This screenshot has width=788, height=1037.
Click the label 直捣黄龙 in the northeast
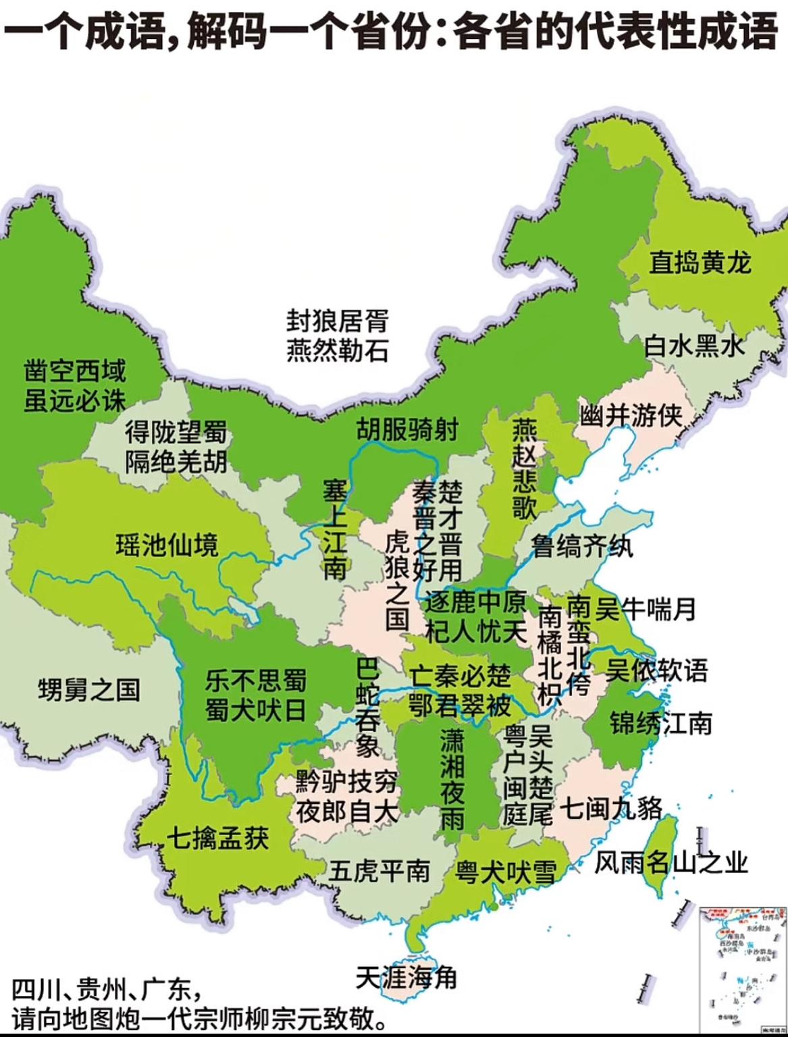tap(700, 262)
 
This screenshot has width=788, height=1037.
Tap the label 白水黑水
tap(694, 346)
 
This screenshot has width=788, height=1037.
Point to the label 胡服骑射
tap(407, 429)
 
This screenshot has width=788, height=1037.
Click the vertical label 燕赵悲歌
tap(524, 469)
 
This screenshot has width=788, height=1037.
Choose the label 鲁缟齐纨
tap(582, 546)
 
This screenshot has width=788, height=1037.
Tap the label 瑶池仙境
tap(167, 544)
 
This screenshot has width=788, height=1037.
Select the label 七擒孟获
tap(217, 838)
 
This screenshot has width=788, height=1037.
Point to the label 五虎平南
tap(379, 870)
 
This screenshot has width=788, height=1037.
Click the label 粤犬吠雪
tap(505, 872)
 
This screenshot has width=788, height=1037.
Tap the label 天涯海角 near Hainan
tap(406, 977)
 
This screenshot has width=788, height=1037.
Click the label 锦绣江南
tap(661, 723)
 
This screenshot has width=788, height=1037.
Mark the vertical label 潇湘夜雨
tap(452, 780)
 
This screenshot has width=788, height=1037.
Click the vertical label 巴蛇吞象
tap(368, 708)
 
